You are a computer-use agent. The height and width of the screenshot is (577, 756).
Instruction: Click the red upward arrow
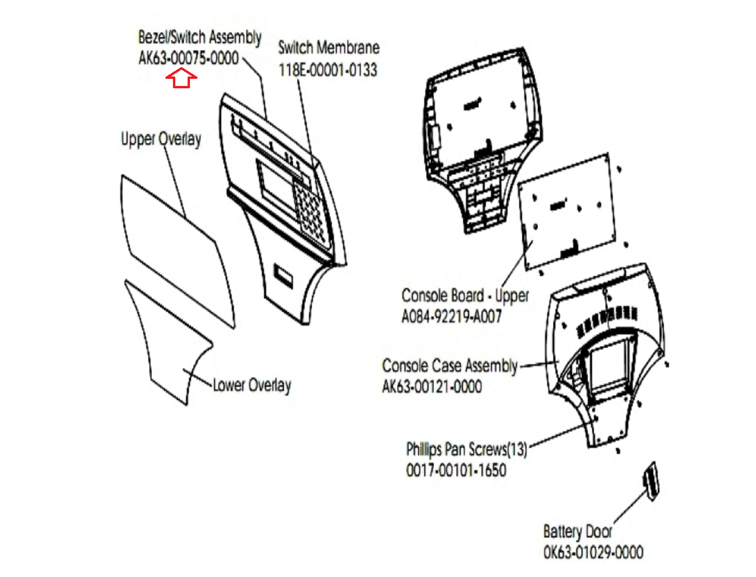click(x=181, y=78)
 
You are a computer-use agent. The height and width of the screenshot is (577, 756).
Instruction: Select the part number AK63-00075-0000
click(x=189, y=58)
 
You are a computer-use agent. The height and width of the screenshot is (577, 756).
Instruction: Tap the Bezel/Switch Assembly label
click(x=200, y=37)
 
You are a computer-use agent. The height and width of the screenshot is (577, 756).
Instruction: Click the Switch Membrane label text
click(x=328, y=48)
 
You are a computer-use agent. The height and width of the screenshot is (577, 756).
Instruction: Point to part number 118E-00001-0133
click(x=328, y=70)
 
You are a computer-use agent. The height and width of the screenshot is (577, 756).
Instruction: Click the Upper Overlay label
click(x=161, y=139)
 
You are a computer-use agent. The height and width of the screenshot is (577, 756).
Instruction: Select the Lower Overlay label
click(x=252, y=385)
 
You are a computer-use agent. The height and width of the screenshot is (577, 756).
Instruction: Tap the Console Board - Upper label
click(x=465, y=296)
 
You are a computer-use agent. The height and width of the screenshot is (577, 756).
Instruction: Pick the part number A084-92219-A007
click(x=452, y=316)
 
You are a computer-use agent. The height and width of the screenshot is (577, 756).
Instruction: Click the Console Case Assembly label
click(x=450, y=366)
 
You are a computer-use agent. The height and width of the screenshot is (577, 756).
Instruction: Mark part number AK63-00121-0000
click(x=432, y=386)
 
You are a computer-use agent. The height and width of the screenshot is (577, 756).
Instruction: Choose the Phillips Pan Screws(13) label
click(x=467, y=449)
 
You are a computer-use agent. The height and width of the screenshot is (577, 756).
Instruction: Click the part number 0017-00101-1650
click(x=456, y=470)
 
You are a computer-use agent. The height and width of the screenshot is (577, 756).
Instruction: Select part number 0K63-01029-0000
click(x=593, y=552)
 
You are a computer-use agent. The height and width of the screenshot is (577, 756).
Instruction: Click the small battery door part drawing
click(x=651, y=482)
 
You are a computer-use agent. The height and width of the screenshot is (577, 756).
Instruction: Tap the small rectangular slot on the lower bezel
click(x=283, y=275)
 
